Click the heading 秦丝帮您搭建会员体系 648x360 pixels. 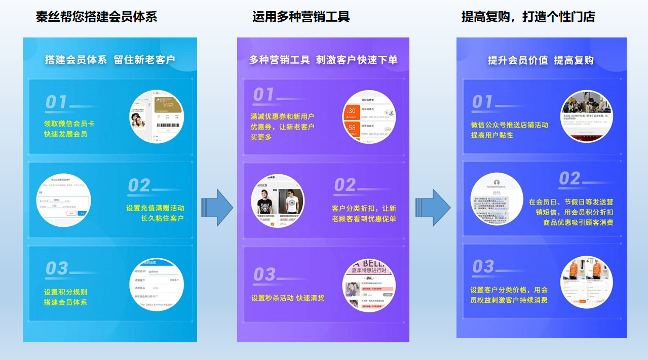[x=96, y=17]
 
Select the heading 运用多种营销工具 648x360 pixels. [x=301, y=17]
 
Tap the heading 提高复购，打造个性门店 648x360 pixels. [x=527, y=17]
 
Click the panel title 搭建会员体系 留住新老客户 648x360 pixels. [x=110, y=60]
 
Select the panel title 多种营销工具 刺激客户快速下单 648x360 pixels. [x=323, y=60]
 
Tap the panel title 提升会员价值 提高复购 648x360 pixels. [x=541, y=60]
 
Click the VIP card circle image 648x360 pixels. [x=157, y=116]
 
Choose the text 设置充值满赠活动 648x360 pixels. [x=155, y=208]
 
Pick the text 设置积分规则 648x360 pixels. [x=65, y=292]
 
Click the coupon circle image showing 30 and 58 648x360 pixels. [x=368, y=118]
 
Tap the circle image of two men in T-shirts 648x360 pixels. [x=278, y=201]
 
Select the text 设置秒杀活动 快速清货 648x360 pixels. [x=288, y=298]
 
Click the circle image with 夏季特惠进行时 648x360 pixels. [x=368, y=285]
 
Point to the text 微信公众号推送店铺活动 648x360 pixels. [x=509, y=125]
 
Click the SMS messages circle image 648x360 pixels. [x=497, y=199]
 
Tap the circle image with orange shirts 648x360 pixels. [x=587, y=282]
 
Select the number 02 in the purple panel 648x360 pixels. [x=345, y=185]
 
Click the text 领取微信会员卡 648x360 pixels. [x=69, y=124]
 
